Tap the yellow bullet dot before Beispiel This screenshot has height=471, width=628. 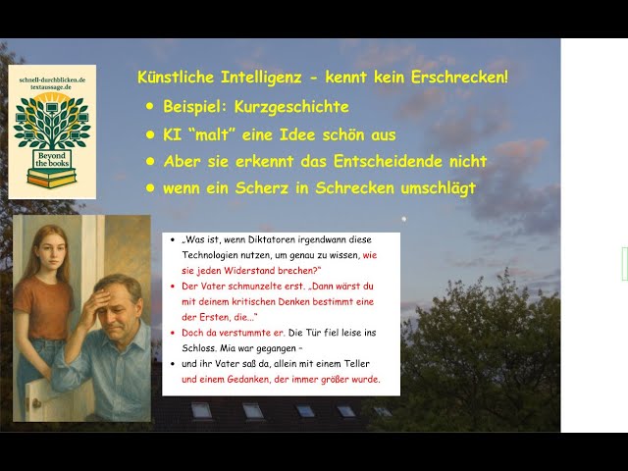tap(150, 106)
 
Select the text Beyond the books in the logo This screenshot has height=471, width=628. tap(52, 162)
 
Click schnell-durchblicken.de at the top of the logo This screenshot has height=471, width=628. tap(52, 76)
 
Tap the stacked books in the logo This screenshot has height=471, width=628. tap(52, 180)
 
